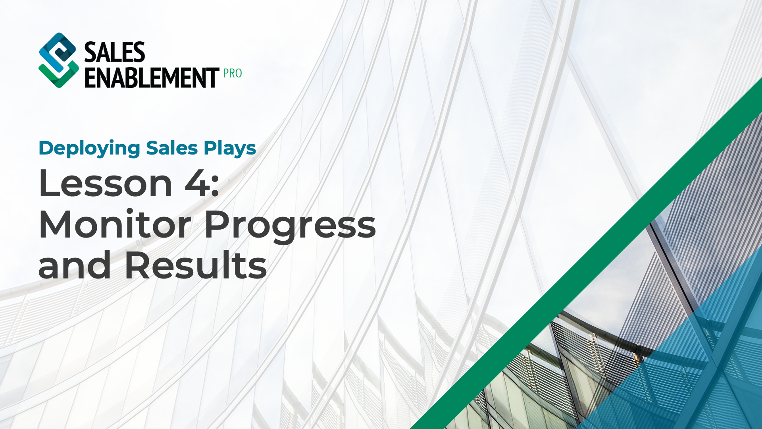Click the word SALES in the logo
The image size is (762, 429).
pyautogui.click(x=115, y=52)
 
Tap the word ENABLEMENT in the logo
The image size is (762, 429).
pyautogui.click(x=152, y=77)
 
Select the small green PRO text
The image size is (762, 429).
pyautogui.click(x=232, y=73)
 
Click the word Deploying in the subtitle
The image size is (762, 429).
pyautogui.click(x=89, y=149)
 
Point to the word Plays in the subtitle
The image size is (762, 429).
pyautogui.click(x=230, y=149)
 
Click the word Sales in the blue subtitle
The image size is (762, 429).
pyautogui.click(x=172, y=148)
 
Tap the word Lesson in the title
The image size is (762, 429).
pyautogui.click(x=106, y=184)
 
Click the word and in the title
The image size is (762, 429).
pyautogui.click(x=75, y=265)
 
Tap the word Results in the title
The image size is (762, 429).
pyautogui.click(x=196, y=265)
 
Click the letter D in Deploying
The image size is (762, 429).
pyautogui.click(x=46, y=148)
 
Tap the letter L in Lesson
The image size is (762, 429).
pyautogui.click(x=48, y=184)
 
